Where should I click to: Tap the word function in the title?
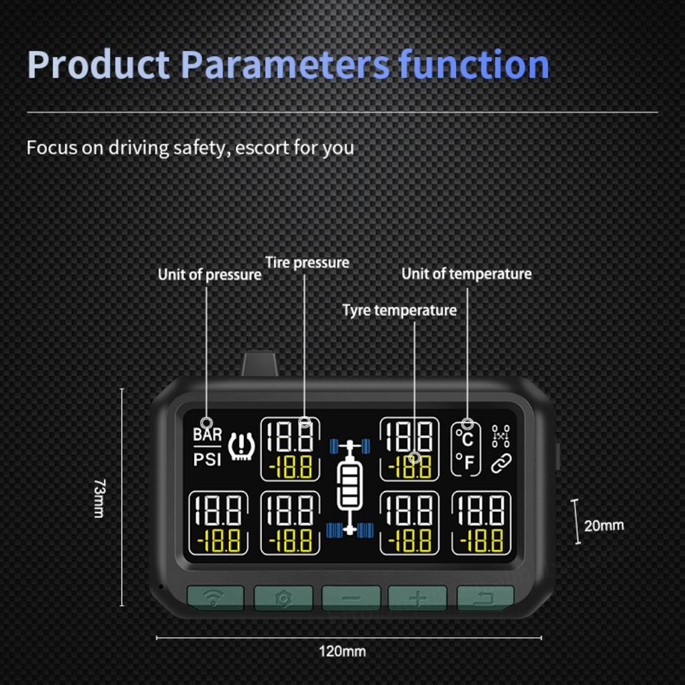click(475, 64)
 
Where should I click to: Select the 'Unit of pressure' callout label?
click(210, 275)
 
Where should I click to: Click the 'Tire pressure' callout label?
click(308, 263)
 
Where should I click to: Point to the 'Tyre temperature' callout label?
click(400, 310)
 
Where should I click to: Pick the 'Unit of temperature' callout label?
click(467, 274)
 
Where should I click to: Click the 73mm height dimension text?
click(100, 497)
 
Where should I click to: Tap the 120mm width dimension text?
click(342, 651)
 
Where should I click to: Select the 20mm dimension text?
click(604, 526)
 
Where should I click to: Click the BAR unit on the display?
click(208, 435)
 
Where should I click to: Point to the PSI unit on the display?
click(208, 459)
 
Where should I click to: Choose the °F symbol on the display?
click(465, 462)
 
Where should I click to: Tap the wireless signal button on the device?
click(215, 598)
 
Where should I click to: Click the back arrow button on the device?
click(485, 598)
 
